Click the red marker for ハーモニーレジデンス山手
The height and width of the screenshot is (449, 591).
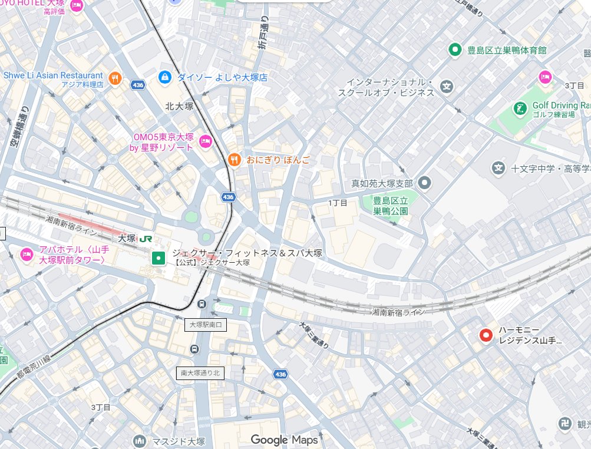[x=486, y=335]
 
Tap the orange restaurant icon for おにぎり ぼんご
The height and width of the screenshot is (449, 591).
[x=235, y=160]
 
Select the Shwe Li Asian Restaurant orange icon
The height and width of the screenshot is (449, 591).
[x=115, y=77]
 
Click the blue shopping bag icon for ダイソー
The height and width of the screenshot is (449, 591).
[x=166, y=77]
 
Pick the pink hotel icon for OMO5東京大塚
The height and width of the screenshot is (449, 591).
[x=206, y=140]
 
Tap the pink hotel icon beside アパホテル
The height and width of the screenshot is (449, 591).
[x=27, y=254]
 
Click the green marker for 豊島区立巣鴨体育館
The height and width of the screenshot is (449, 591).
[x=454, y=50]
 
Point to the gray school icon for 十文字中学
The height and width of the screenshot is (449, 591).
[x=498, y=169]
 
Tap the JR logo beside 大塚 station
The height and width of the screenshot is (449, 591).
[x=147, y=239]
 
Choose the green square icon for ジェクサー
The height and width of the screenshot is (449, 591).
[x=158, y=257]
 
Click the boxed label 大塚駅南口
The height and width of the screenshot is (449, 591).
[x=205, y=325]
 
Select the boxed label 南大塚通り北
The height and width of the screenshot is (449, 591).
[x=200, y=373]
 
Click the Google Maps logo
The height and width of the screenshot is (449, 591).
[x=284, y=440]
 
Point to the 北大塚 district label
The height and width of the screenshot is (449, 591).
[x=180, y=107]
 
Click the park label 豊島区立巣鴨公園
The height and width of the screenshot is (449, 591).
[x=390, y=206]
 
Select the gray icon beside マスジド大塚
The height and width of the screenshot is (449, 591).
[x=140, y=441]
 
